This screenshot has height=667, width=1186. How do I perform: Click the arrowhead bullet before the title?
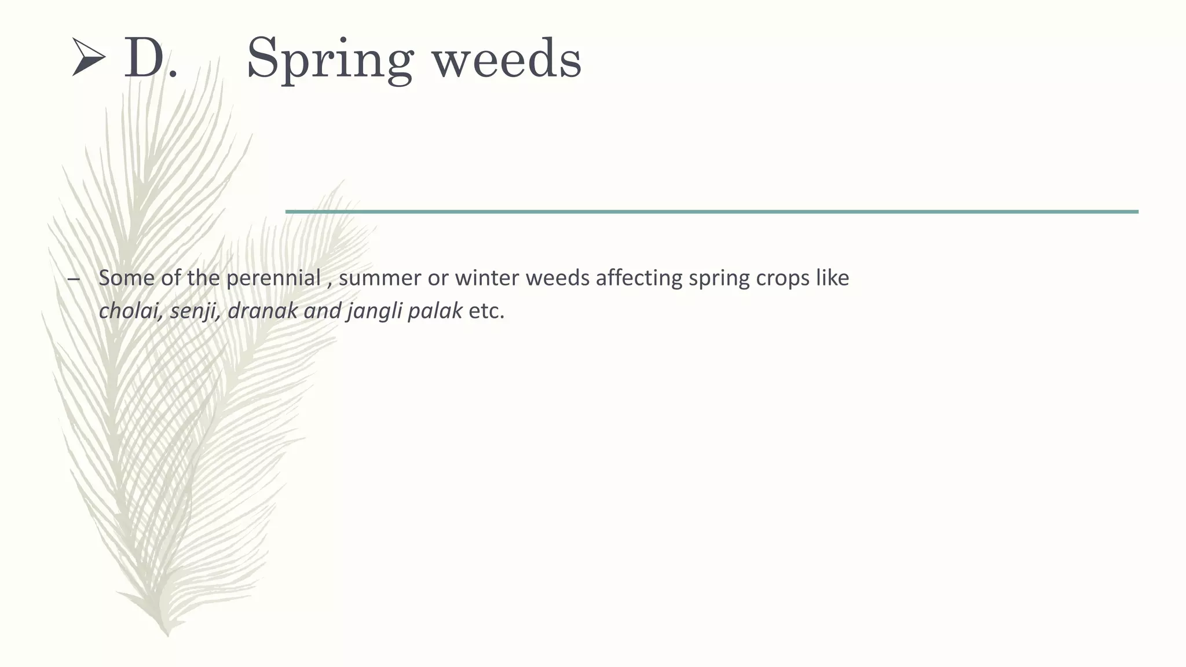pyautogui.click(x=89, y=57)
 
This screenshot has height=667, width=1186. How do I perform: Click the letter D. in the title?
pyautogui.click(x=150, y=58)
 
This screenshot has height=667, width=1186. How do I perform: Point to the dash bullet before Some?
pyautogui.click(x=74, y=280)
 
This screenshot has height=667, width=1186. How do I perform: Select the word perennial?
pyautogui.click(x=273, y=278)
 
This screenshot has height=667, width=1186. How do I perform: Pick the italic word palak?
pyautogui.click(x=434, y=311)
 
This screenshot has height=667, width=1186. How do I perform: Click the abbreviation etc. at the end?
pyautogui.click(x=486, y=311)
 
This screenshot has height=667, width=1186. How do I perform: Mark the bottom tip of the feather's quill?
pyautogui.click(x=168, y=636)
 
